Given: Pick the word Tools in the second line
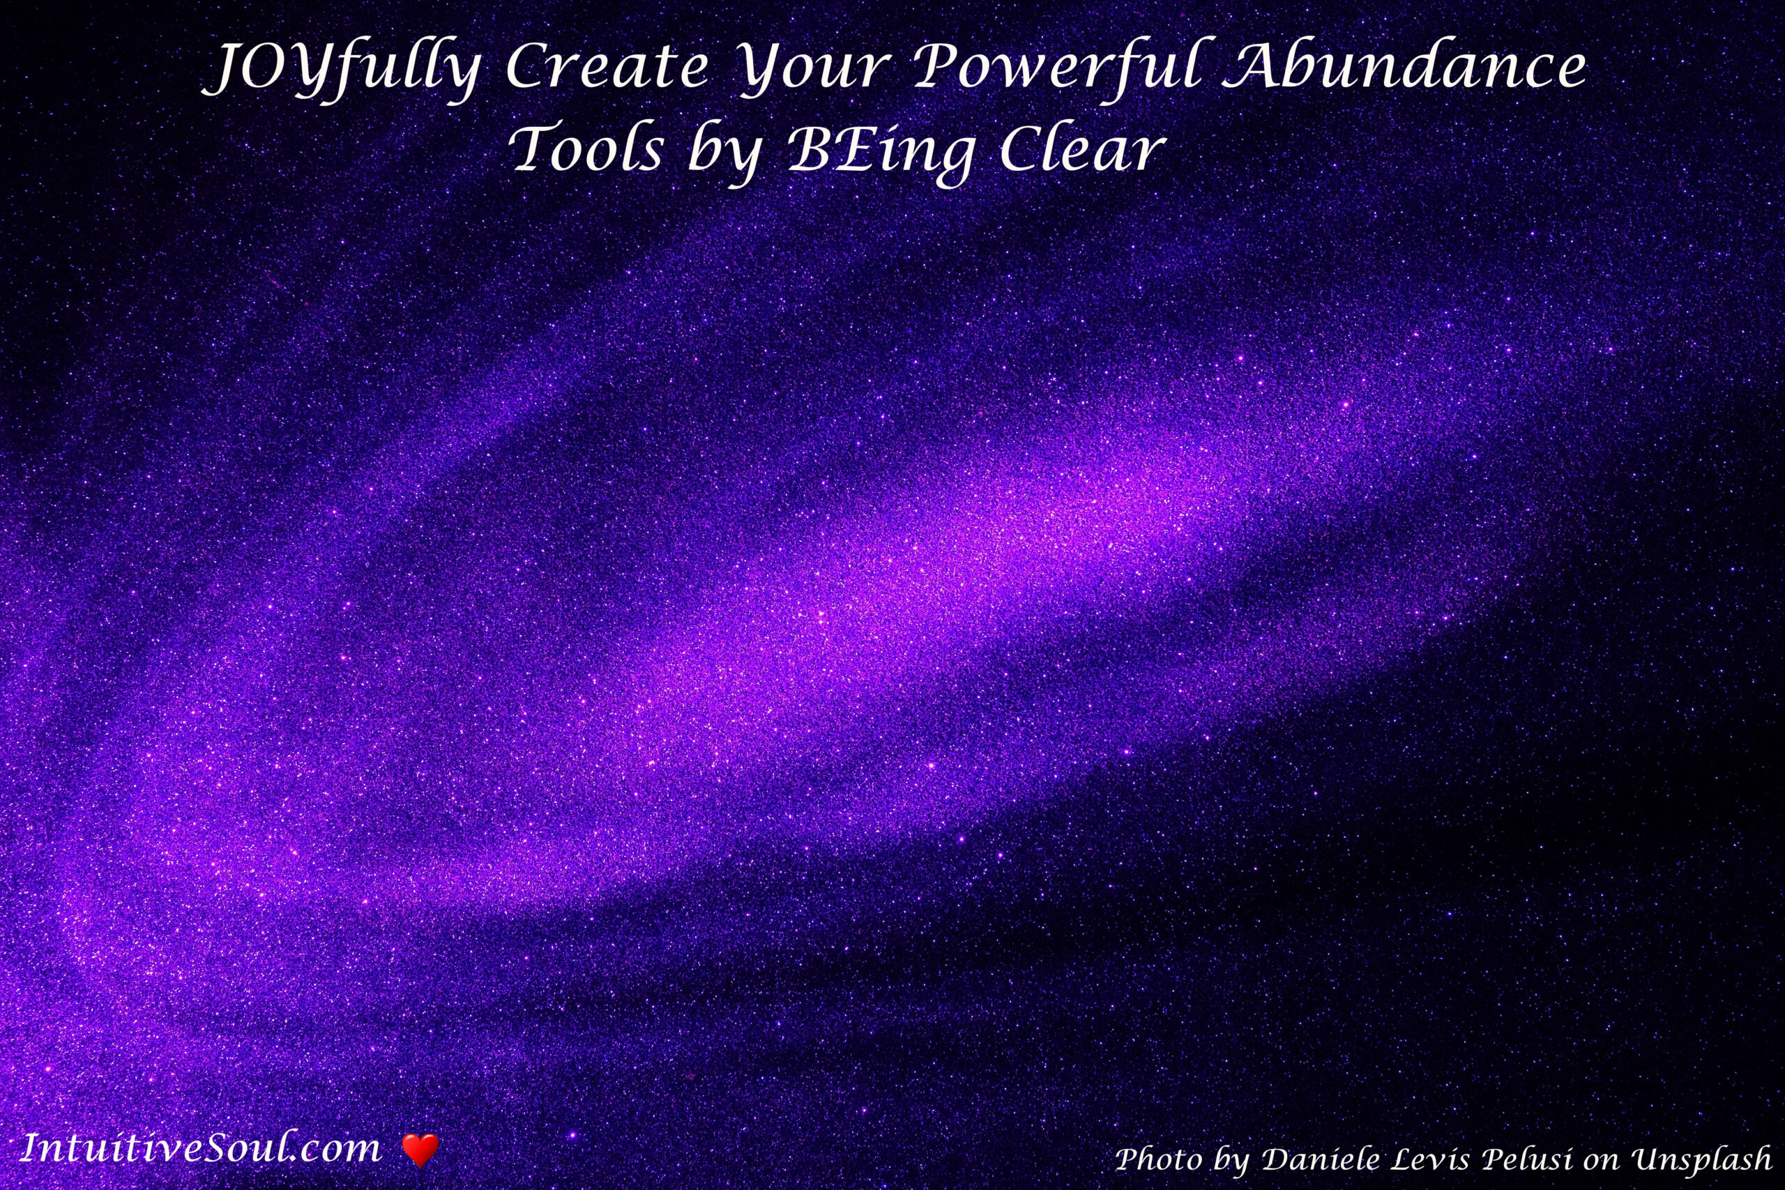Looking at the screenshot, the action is [588, 148].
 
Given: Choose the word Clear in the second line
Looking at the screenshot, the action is [1081, 148].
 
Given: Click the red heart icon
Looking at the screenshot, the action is [419, 1149].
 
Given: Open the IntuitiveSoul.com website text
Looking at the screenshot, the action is [199, 1147].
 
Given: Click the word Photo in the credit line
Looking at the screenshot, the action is [1161, 1159].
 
